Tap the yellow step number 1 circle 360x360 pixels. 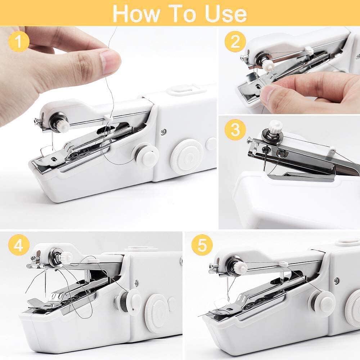point(18,42)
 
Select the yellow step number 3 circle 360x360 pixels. point(235,130)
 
